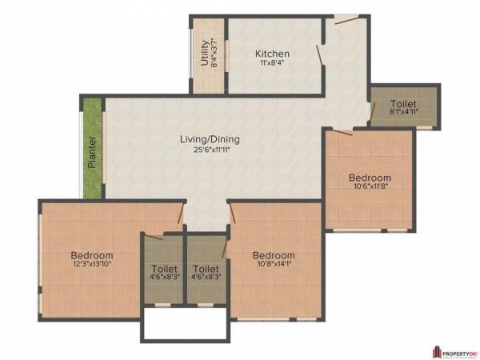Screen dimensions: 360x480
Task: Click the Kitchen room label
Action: coord(272,54)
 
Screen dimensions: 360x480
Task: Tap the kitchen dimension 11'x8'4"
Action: coord(272,64)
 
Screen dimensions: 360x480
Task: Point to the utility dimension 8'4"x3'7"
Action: coord(214,54)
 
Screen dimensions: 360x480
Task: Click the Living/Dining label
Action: coord(210,139)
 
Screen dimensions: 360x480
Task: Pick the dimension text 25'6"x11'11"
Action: coord(210,150)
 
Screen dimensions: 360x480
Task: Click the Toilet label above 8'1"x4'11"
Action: coord(403,104)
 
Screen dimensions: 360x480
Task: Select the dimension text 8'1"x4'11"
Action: coord(403,114)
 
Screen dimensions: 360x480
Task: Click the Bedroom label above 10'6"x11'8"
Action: coord(370,178)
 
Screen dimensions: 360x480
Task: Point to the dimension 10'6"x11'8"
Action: coord(370,187)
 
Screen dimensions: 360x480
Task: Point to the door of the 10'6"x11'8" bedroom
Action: coord(342,130)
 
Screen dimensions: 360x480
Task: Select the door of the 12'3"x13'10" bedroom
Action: coord(181,214)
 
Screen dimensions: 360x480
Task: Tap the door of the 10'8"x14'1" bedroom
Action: coord(232,214)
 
